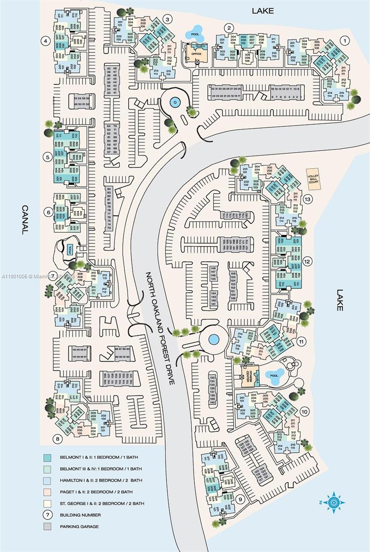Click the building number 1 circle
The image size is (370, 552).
[x=343, y=40]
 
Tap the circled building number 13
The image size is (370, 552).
[x=307, y=199]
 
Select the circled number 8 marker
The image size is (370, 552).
[x=57, y=439]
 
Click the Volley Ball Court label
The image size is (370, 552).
[x=313, y=176]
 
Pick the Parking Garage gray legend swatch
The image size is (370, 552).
[x=47, y=527]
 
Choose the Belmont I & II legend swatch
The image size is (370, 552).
[x=47, y=458]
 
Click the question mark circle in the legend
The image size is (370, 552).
[x=47, y=515]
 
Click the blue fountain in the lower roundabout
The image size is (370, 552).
[x=213, y=339]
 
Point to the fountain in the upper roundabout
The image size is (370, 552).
[x=175, y=102]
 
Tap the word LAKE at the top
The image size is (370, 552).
[x=262, y=11]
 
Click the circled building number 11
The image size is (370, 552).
[x=301, y=342]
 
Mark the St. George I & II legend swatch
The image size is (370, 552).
[x=47, y=504]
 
